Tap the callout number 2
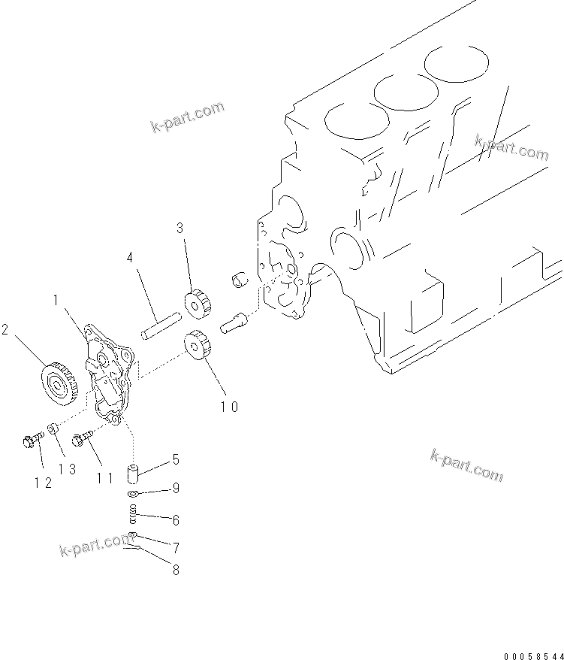tap(5, 329)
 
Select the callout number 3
tap(179, 227)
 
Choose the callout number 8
tap(176, 570)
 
